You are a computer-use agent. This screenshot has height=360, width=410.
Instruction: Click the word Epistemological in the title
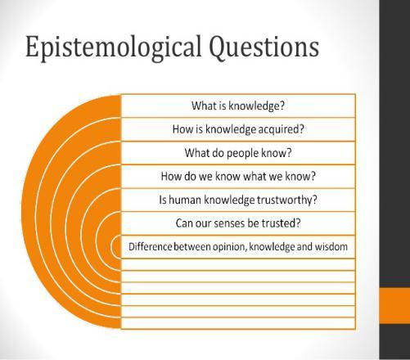click(x=113, y=47)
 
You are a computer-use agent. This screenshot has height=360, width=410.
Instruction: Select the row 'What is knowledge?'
click(x=238, y=106)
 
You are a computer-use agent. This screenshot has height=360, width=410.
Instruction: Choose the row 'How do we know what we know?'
click(x=238, y=177)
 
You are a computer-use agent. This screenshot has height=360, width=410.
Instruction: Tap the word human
click(x=185, y=200)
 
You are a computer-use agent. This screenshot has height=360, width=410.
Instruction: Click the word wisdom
click(x=331, y=246)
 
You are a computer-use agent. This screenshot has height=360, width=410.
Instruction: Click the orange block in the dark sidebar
click(x=395, y=306)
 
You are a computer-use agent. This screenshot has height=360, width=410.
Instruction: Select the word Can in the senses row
click(x=182, y=223)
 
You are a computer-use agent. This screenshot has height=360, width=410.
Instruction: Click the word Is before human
click(x=163, y=200)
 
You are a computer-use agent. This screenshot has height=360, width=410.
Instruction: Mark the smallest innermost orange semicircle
click(x=115, y=246)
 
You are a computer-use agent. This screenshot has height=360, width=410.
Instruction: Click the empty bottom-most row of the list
click(x=238, y=323)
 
